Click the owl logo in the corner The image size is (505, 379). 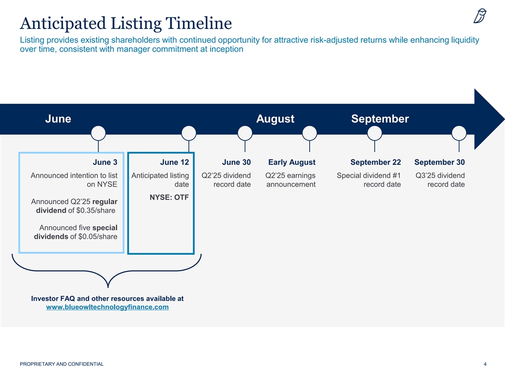tap(480, 16)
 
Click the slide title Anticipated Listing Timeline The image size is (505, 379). tap(126, 24)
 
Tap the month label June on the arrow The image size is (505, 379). tap(58, 118)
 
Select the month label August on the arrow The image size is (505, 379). tap(275, 118)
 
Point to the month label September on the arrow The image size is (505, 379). tap(380, 118)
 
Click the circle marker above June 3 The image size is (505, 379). tap(98, 133)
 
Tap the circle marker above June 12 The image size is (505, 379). tap(189, 133)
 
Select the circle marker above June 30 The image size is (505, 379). tap(245, 133)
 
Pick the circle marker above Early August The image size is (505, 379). tap(309, 133)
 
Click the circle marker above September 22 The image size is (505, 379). tap(375, 133)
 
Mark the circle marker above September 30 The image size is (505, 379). tap(459, 133)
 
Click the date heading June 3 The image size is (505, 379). tap(105, 162)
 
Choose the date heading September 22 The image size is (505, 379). tap(376, 162)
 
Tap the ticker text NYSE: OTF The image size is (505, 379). tap(169, 197)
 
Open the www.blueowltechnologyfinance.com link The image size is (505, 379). tap(107, 307)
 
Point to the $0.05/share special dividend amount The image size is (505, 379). tap(98, 236)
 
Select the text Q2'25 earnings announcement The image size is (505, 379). tap(290, 180)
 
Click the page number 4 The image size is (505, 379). tap(485, 364)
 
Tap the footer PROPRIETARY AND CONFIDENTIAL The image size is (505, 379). tap(62, 364)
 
